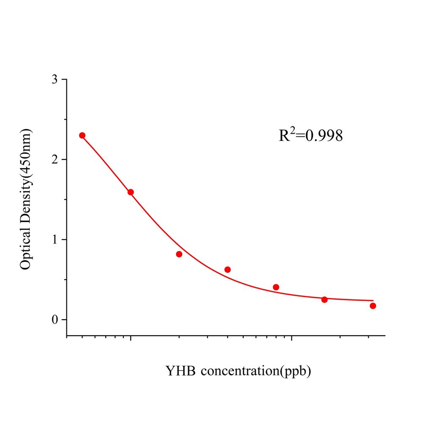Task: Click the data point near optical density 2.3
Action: point(82,135)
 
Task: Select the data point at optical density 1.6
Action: point(131,192)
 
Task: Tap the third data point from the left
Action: point(179,254)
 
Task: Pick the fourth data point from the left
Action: point(227,269)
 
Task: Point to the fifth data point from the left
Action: point(276,287)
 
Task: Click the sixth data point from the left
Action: point(324,300)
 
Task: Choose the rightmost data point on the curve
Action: point(373,306)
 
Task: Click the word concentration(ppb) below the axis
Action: point(256,372)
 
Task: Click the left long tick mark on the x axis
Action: point(131,339)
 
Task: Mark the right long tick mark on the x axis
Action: point(292,339)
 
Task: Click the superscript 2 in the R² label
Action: point(292,130)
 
